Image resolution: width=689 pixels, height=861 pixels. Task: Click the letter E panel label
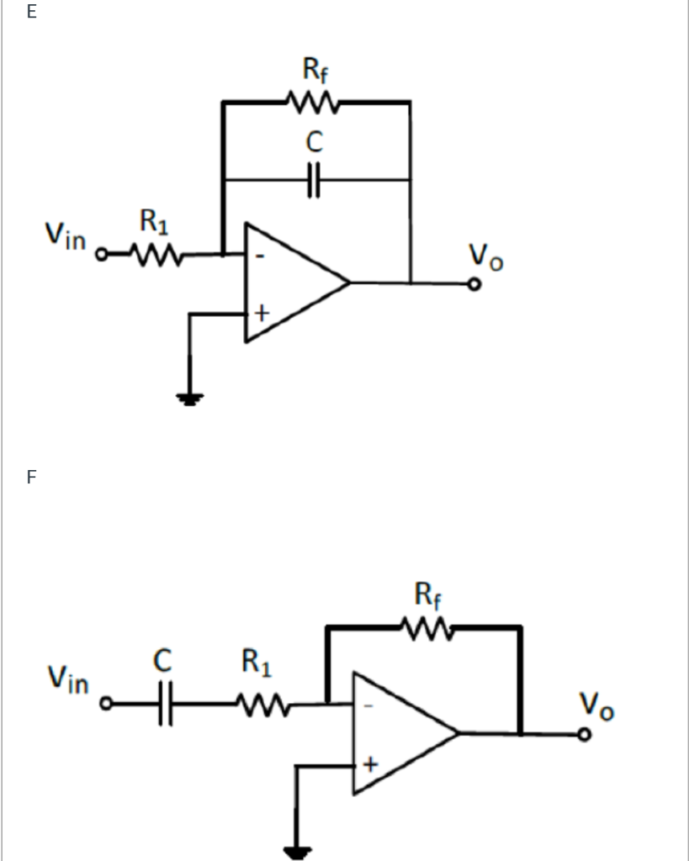[x=32, y=12]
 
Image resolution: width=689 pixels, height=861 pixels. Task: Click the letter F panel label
[x=32, y=478]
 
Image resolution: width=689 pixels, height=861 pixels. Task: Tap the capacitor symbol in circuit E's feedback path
[x=314, y=180]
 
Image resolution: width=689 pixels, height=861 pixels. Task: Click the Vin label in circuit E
[x=66, y=236]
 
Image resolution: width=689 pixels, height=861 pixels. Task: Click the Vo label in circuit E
[x=486, y=256]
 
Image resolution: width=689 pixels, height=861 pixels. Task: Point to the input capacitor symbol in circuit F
[x=165, y=703]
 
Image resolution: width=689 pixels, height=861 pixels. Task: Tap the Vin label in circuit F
[x=67, y=679]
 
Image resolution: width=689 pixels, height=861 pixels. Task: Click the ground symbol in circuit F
[x=296, y=853]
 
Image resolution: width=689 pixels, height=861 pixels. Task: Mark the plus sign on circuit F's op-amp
[x=368, y=764]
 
